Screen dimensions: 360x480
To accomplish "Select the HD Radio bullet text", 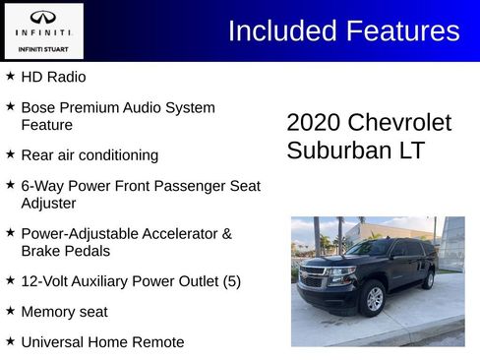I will coord(53,77).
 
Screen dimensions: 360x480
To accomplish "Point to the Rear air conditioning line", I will coord(90,155).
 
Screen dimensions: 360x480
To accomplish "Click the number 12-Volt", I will coord(46,281).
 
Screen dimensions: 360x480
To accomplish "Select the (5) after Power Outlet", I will coord(231,281).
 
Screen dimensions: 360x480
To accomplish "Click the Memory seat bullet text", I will coord(64,312).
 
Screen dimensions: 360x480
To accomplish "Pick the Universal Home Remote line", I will coord(102,342).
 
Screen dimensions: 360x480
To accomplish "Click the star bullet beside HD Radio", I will coord(10,76).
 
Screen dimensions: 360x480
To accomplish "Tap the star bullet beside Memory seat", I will coord(10,311).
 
